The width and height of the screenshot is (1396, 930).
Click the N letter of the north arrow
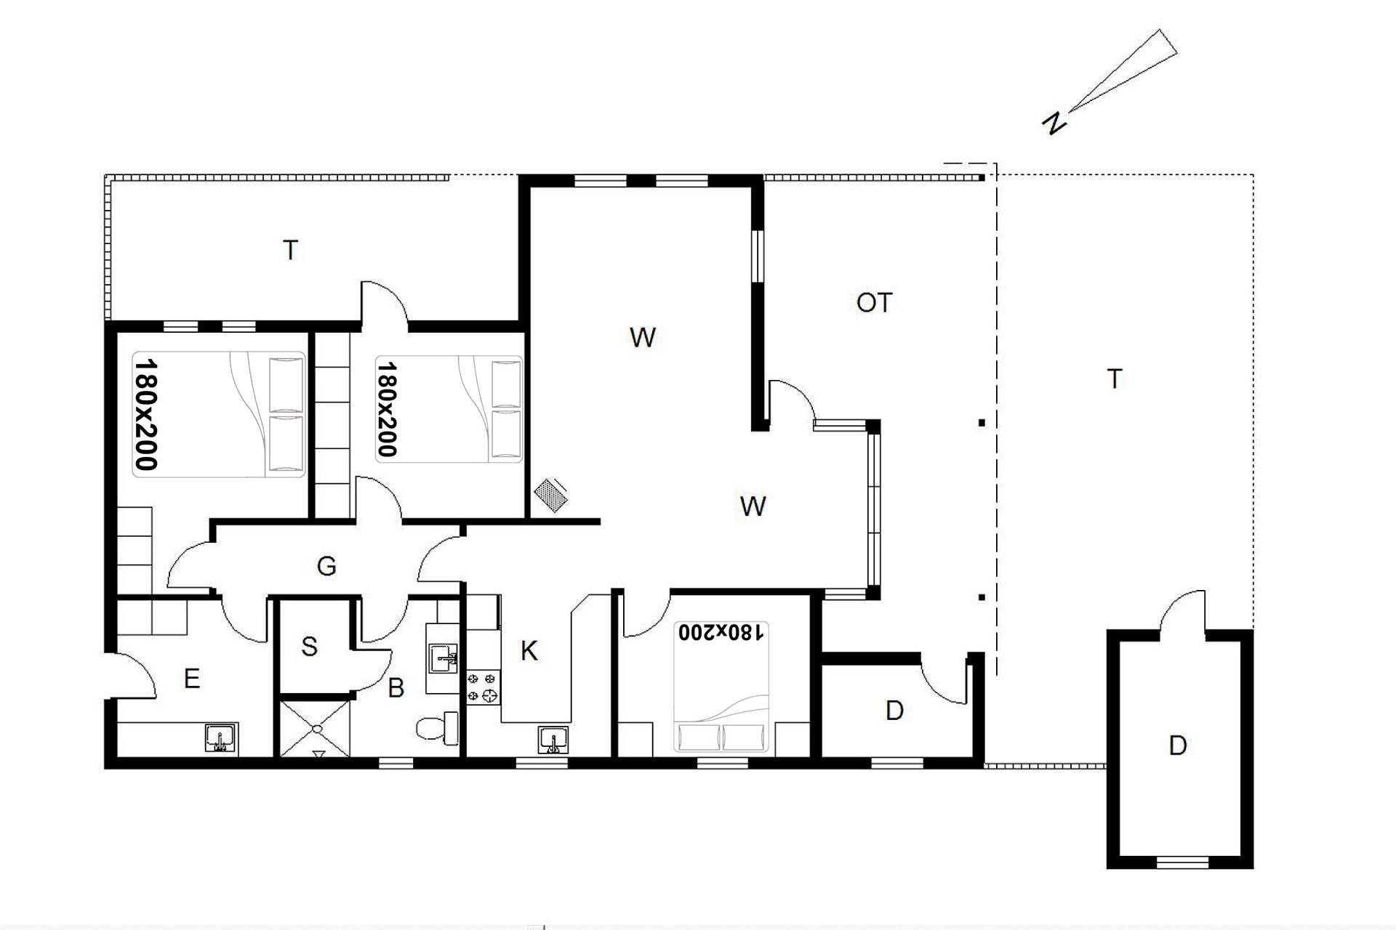[x=1054, y=123]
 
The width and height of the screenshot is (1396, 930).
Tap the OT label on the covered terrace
[x=874, y=302]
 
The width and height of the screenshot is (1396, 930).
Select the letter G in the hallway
[x=326, y=566]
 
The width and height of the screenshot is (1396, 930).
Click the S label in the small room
[x=310, y=646]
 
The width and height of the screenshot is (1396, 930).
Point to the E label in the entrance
[x=192, y=679]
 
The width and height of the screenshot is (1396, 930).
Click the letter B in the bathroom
[x=396, y=687]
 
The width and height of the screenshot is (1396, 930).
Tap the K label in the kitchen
[x=529, y=651]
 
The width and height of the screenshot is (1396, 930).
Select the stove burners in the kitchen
[x=484, y=687]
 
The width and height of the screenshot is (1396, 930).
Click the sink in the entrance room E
[x=220, y=737]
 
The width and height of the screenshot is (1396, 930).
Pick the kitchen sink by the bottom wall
[x=554, y=740]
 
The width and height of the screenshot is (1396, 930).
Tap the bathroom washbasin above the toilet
[x=443, y=659]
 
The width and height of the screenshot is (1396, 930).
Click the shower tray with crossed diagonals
[x=316, y=728]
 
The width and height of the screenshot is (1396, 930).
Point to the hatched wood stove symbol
[x=550, y=494]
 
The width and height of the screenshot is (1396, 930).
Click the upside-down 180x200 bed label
[x=721, y=632]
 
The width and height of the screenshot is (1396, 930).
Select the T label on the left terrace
[x=291, y=250]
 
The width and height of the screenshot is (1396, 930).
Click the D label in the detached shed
[x=1178, y=745]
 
